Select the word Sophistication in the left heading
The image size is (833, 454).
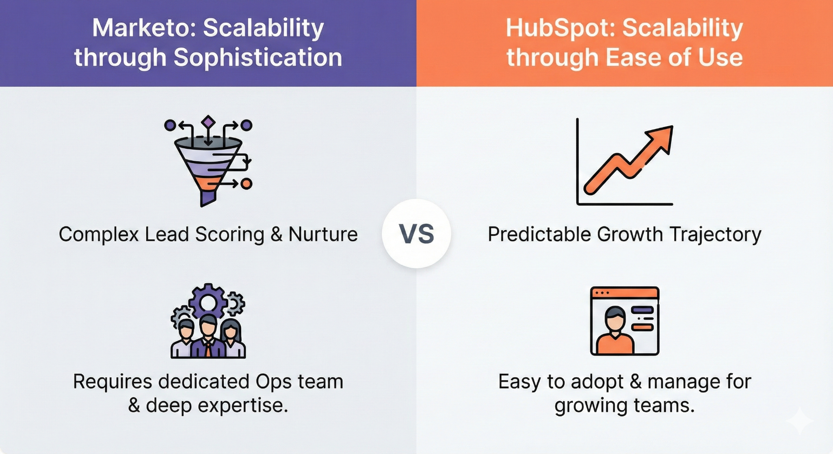[258, 58]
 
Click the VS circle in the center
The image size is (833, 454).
[416, 234]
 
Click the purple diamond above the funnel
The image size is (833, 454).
[208, 122]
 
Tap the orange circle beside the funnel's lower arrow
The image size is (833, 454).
[246, 184]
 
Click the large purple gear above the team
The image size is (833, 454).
[208, 302]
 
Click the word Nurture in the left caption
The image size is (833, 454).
[323, 235]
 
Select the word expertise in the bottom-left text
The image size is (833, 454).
[243, 405]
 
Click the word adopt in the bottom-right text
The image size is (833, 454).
[597, 382]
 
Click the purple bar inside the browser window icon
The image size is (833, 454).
[643, 310]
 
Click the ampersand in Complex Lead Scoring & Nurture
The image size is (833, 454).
[276, 235]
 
